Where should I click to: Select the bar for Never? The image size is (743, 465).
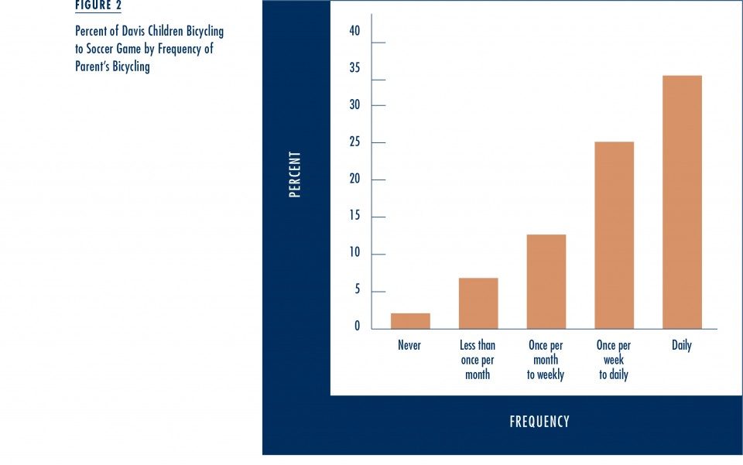410,320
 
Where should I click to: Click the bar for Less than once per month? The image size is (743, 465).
478,303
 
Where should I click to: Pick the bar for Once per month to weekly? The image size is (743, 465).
546,282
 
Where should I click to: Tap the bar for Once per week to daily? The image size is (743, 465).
614,235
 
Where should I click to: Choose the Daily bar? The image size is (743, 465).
683,202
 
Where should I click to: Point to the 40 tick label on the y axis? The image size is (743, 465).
354,31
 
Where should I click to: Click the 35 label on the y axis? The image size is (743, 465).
354,68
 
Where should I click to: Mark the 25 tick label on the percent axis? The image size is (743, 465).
354,142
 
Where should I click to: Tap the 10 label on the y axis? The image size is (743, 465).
354,252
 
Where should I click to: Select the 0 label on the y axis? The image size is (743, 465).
358,327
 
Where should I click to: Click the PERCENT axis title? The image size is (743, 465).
295,174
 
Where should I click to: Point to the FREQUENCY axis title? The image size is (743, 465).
539,422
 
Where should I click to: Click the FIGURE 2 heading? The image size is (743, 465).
98,5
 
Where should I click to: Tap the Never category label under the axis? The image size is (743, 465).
409,345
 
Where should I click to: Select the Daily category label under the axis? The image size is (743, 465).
682,345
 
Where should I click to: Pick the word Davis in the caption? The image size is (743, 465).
133,31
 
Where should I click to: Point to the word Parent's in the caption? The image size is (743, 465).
92,66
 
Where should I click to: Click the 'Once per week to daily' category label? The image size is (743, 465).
614,360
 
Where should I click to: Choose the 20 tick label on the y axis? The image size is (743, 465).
354,179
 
